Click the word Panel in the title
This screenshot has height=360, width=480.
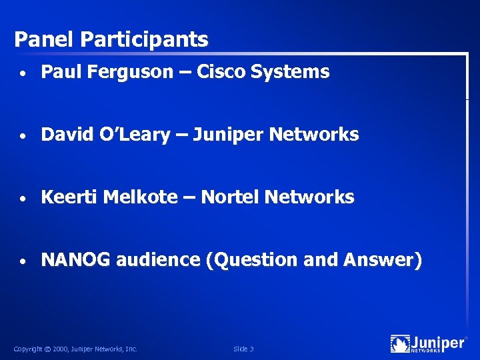pyautogui.click(x=44, y=39)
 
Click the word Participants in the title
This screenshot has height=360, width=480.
pyautogui.click(x=144, y=40)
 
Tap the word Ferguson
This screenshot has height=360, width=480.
pyautogui.click(x=125, y=73)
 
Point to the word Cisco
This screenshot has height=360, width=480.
pyautogui.click(x=221, y=72)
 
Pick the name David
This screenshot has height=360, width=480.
pyautogui.click(x=63, y=135)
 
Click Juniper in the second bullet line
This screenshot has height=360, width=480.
pyautogui.click(x=226, y=135)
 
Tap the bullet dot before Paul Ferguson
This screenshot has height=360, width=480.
pyautogui.click(x=23, y=73)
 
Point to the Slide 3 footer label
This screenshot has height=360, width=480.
pyautogui.click(x=243, y=349)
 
